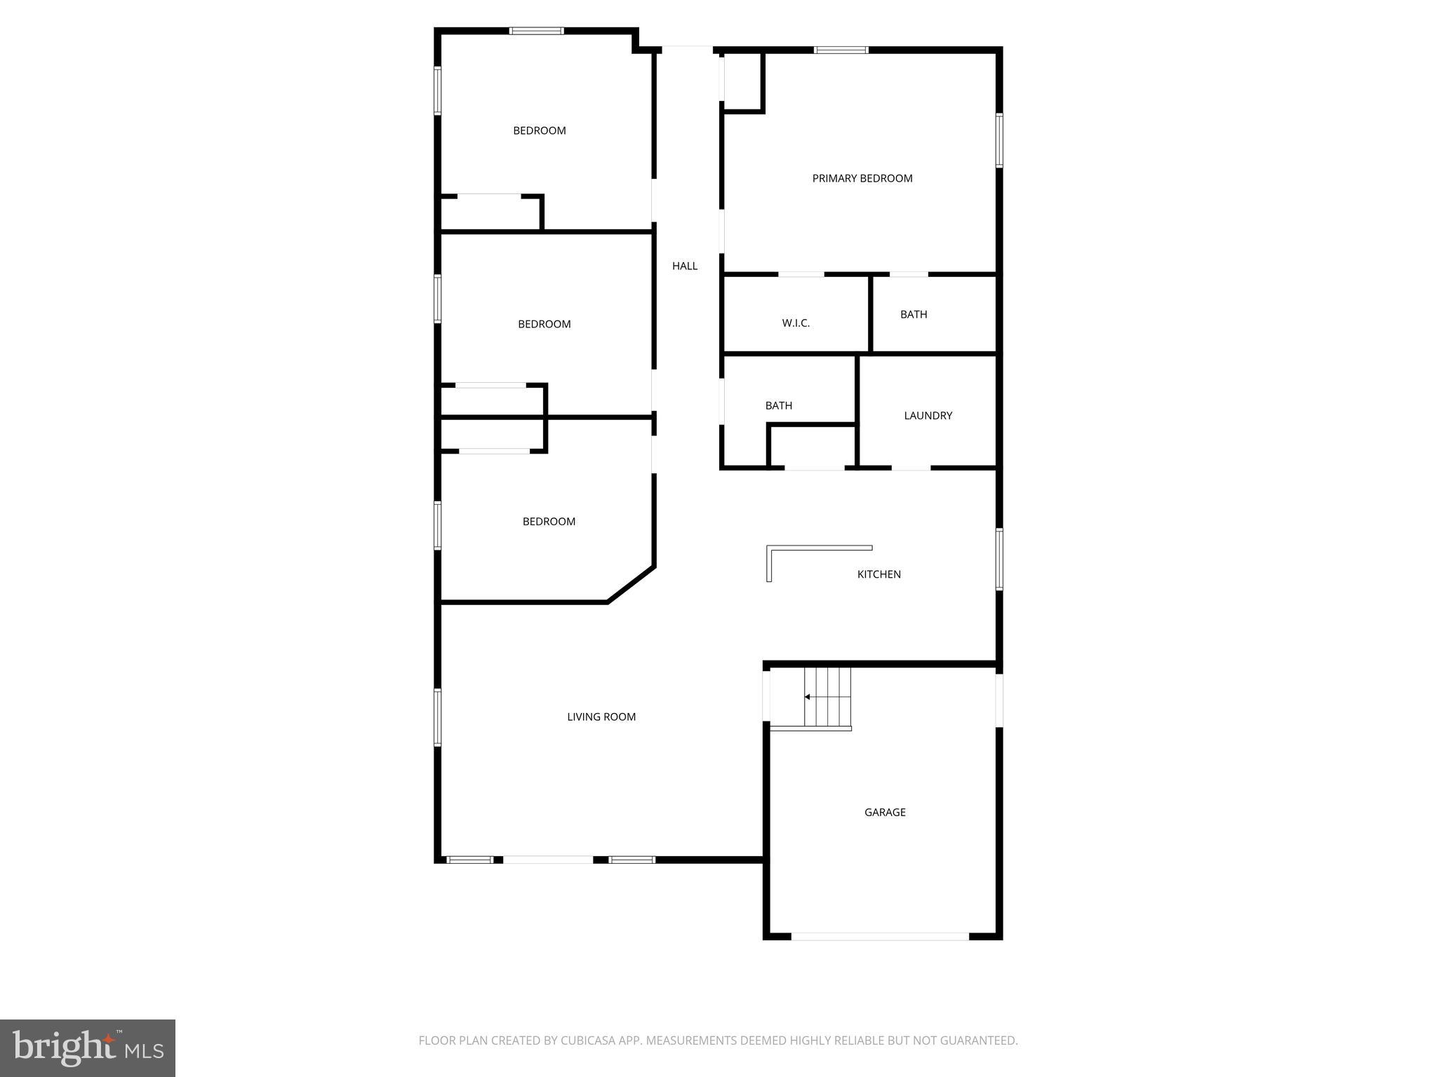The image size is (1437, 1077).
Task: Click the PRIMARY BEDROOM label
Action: tap(862, 178)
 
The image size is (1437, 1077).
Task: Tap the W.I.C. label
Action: tap(796, 323)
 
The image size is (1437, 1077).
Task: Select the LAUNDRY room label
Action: tap(928, 416)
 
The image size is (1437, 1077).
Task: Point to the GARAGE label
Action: tap(885, 812)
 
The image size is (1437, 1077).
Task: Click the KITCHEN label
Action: tap(878, 574)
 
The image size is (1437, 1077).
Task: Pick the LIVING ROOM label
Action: tap(601, 717)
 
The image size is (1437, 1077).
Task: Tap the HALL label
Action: tap(685, 266)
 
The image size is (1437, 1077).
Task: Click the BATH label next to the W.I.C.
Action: tap(914, 314)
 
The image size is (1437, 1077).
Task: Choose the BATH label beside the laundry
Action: tap(778, 405)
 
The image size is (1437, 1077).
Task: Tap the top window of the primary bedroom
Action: tap(841, 50)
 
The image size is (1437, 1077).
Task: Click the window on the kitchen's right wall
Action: tap(999, 559)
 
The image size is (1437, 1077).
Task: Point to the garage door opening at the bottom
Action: tap(880, 936)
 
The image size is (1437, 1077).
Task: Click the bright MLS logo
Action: tap(88, 1048)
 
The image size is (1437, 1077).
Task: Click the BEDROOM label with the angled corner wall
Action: tap(549, 522)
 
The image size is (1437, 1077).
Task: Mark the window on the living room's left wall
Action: tap(438, 717)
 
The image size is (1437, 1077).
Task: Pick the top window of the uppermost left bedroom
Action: tap(536, 31)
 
